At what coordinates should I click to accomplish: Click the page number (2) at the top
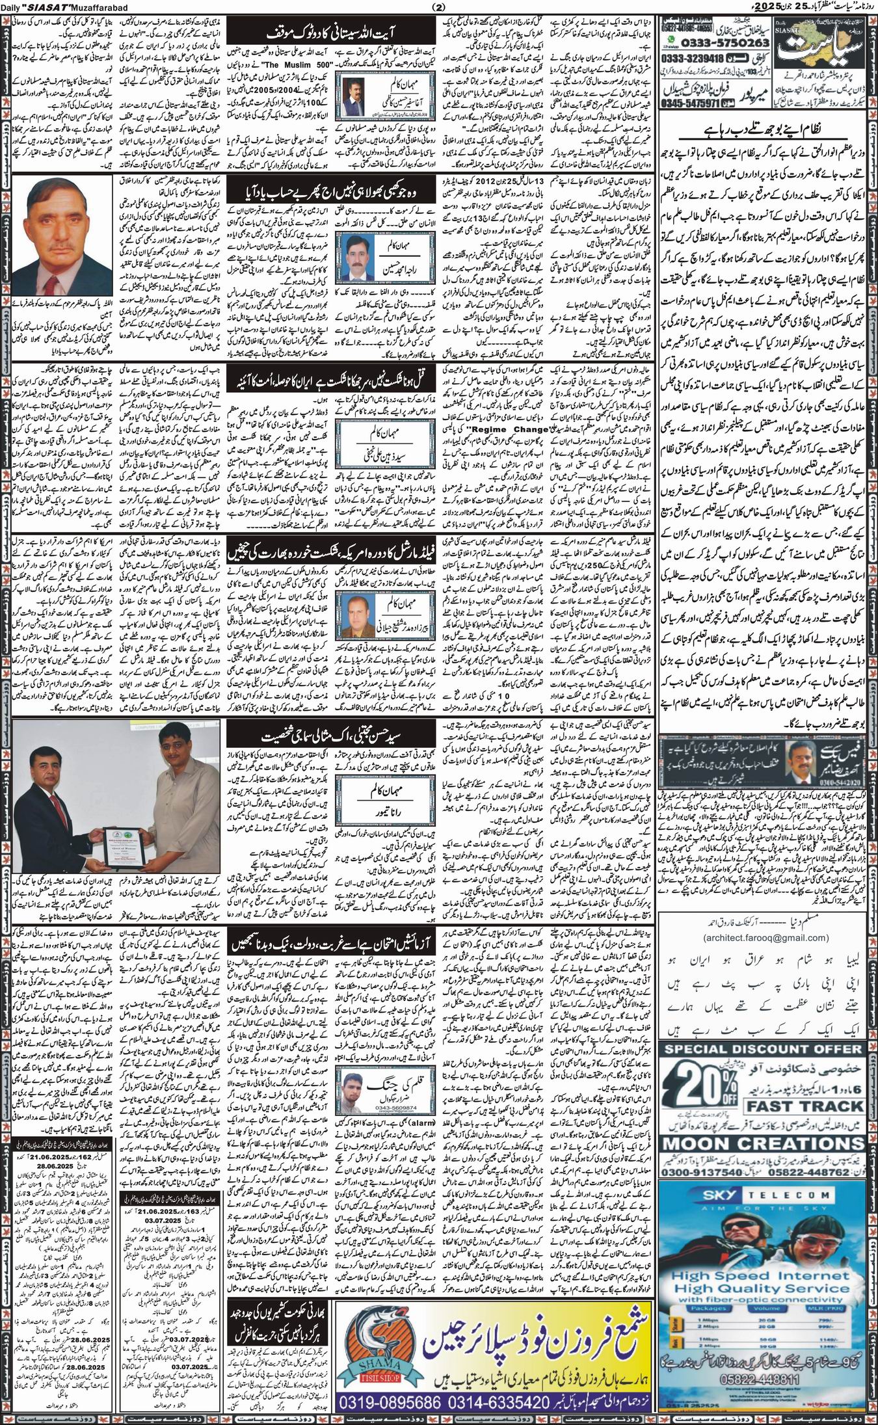pos(438,7)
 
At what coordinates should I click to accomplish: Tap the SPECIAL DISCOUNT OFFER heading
pos(764,1049)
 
